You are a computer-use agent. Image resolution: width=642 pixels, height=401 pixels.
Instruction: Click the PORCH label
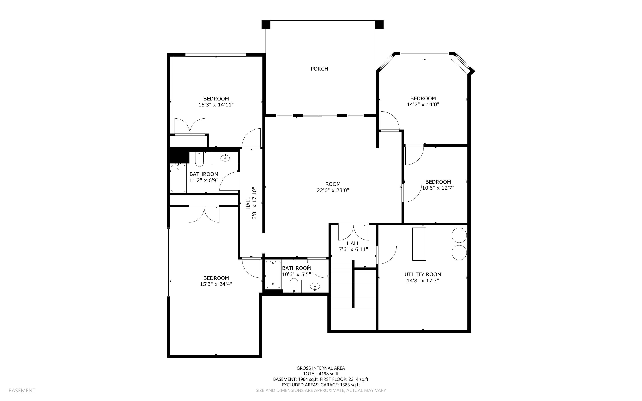pyautogui.click(x=319, y=69)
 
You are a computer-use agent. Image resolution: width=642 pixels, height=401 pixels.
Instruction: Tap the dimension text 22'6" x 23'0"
pyautogui.click(x=333, y=190)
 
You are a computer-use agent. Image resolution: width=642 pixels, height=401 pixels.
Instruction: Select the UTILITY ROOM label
pyautogui.click(x=423, y=274)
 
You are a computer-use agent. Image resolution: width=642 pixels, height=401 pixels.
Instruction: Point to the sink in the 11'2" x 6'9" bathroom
pyautogui.click(x=225, y=158)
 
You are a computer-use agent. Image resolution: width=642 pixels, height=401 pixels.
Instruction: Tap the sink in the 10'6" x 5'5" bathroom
pyautogui.click(x=315, y=286)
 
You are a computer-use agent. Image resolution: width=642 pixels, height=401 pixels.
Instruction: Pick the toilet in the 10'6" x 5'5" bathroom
pyautogui.click(x=294, y=285)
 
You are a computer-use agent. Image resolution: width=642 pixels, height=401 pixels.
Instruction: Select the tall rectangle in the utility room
pyautogui.click(x=419, y=244)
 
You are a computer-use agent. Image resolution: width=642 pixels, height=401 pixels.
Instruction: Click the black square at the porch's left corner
pyautogui.click(x=266, y=25)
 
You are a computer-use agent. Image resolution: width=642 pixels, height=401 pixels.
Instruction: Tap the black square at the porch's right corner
pyautogui.click(x=379, y=25)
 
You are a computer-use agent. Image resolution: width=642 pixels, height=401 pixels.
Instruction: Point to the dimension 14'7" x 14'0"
pyautogui.click(x=423, y=104)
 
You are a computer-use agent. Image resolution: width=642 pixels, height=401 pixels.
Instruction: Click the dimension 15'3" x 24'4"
pyautogui.click(x=216, y=284)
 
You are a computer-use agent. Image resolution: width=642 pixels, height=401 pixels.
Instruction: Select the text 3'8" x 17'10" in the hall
pyautogui.click(x=254, y=203)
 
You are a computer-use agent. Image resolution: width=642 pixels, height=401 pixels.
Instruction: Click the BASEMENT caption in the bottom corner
pyautogui.click(x=22, y=390)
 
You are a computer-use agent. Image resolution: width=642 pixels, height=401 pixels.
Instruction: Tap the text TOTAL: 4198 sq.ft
pyautogui.click(x=321, y=374)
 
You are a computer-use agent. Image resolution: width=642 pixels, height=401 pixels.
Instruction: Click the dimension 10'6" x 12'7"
pyautogui.click(x=438, y=188)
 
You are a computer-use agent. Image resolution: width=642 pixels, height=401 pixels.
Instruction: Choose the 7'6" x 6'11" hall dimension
pyautogui.click(x=353, y=249)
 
